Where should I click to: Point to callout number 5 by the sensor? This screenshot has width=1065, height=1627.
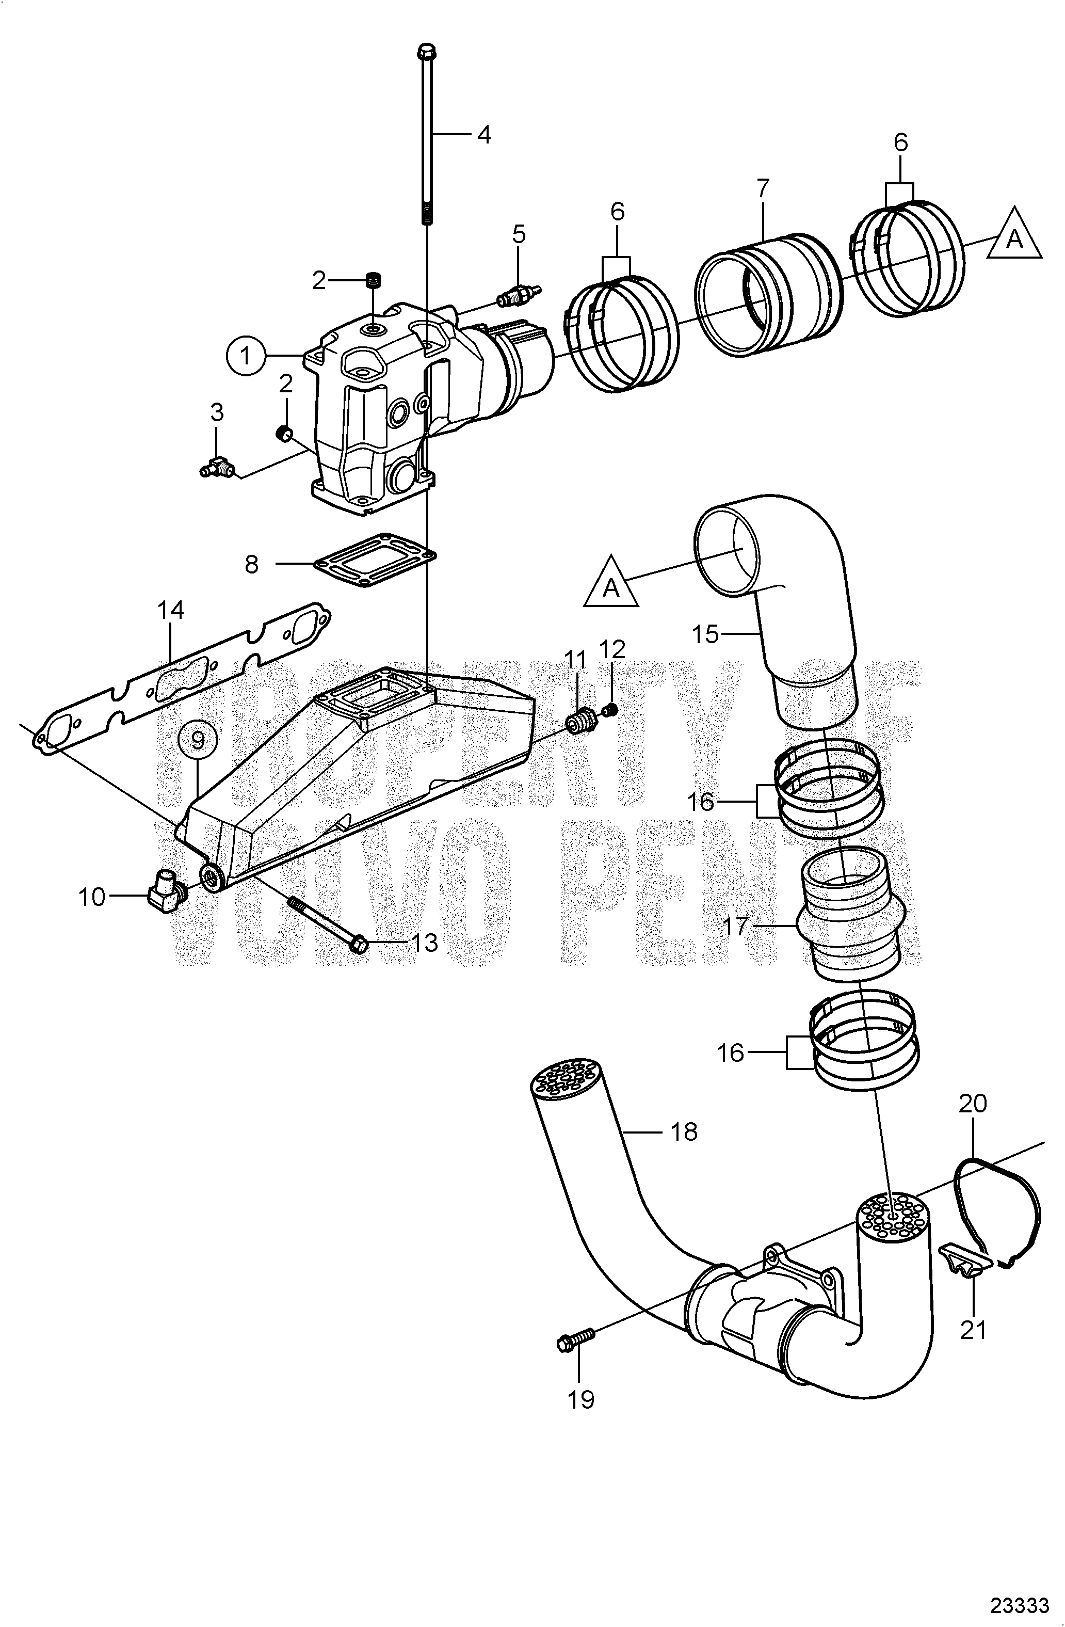coord(519,234)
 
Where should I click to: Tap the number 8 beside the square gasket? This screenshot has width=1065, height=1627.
coord(252,564)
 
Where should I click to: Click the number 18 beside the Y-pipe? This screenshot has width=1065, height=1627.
coord(684,1132)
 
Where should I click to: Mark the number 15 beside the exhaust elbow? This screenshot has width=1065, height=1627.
coord(705,634)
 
